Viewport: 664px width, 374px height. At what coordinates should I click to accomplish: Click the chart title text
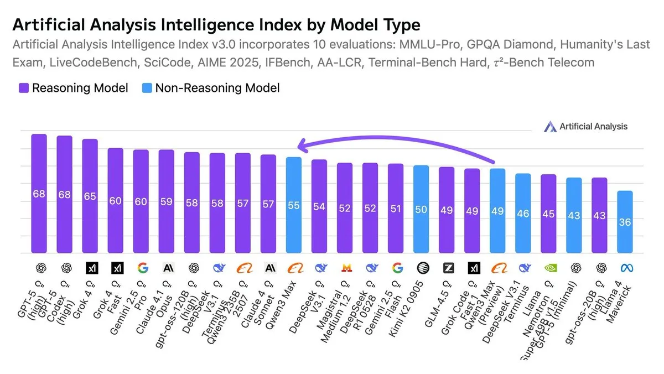(x=216, y=25)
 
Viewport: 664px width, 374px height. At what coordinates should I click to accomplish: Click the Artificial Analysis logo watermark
(x=586, y=127)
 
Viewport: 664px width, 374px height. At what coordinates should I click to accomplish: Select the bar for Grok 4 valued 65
(x=90, y=196)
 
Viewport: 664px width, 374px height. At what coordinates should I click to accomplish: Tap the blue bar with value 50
(x=421, y=210)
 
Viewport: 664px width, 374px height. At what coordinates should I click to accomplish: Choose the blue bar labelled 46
(x=523, y=214)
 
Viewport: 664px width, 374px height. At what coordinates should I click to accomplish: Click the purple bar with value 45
(x=548, y=214)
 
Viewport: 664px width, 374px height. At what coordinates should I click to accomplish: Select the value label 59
(x=167, y=201)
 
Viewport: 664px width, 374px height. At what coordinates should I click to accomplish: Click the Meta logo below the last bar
(x=625, y=268)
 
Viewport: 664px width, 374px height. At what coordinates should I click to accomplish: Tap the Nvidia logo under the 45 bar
(x=548, y=268)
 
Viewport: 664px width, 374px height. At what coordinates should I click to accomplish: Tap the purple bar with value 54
(x=319, y=206)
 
